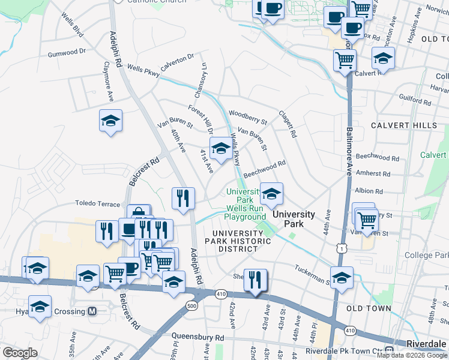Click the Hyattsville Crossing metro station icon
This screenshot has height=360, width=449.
point(92,311)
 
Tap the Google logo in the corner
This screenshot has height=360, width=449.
point(20,353)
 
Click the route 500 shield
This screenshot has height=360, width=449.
point(192,306)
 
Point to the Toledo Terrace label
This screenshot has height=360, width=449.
point(98,204)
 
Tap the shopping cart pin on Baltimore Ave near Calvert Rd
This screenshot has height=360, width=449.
point(345,59)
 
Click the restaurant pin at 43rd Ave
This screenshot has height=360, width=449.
point(256,279)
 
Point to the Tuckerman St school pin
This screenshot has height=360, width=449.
point(342,277)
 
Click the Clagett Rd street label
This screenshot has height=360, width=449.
point(288,124)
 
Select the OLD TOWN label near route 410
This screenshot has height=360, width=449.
point(373,308)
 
